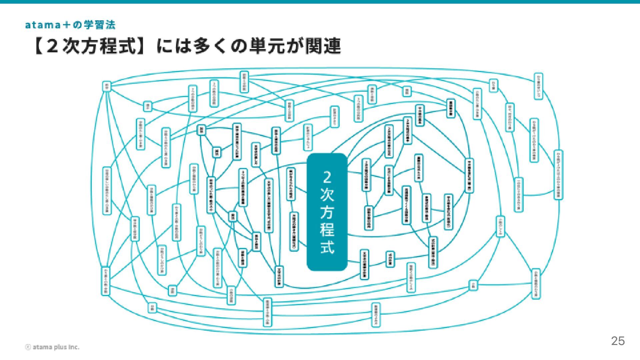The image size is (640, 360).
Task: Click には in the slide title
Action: coord(170,46)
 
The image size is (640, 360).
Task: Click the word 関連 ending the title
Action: coord(323,46)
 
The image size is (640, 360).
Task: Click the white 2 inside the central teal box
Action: coord(327,177)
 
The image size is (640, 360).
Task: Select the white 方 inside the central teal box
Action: coord(327,212)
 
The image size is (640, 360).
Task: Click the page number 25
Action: coord(617,341)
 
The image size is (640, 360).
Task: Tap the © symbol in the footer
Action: coord(28,347)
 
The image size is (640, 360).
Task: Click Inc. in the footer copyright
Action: coord(73,347)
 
